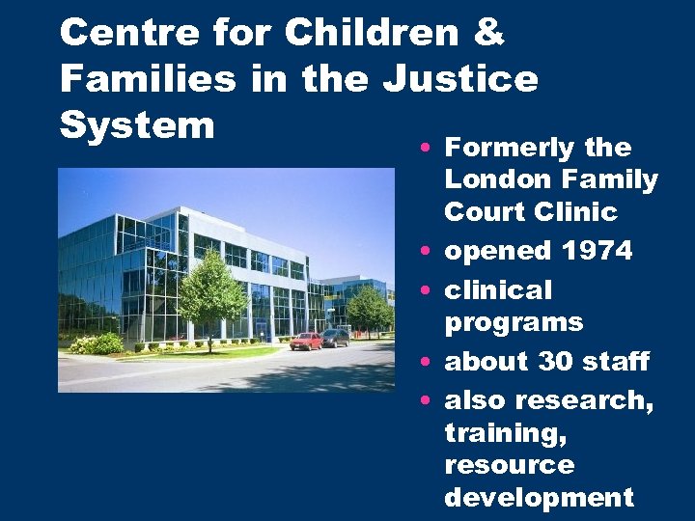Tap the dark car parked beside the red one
point(335,338)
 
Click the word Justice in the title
point(460,78)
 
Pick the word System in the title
point(136,124)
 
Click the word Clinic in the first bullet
point(580,211)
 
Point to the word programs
point(514,322)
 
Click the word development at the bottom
point(539,497)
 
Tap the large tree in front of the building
point(211,291)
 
